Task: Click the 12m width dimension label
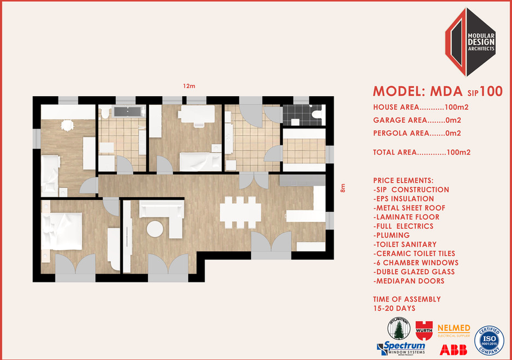pos(189,86)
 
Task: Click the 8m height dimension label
pos(343,188)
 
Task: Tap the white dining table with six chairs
pos(240,211)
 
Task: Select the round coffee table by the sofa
pos(156,228)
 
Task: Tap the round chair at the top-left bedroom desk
pos(67,125)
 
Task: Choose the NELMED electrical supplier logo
pos(454,329)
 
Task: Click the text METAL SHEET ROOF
pos(409,208)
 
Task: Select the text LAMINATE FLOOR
pos(407,217)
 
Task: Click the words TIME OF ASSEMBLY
pos(407,299)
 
